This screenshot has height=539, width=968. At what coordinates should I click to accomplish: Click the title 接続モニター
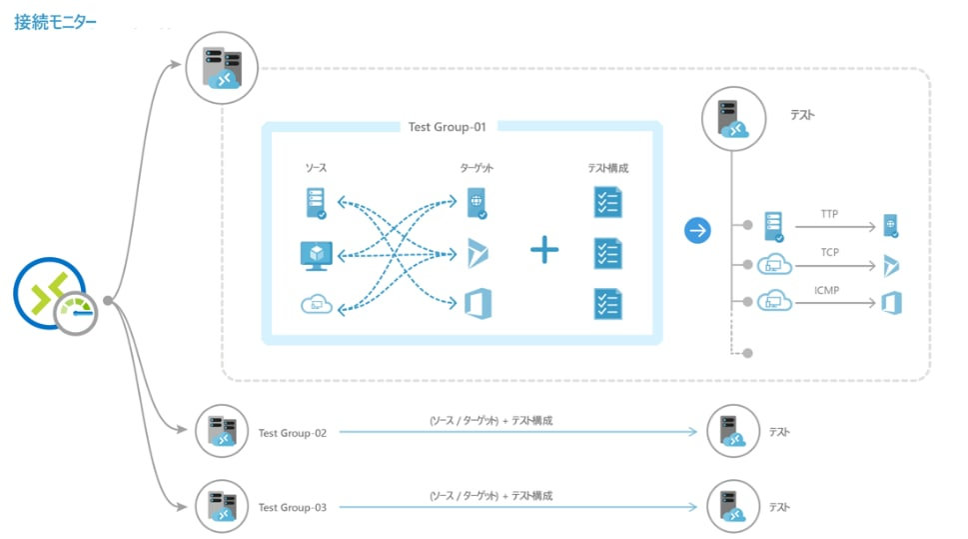pos(56,22)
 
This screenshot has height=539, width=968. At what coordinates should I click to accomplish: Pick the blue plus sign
pos(544,250)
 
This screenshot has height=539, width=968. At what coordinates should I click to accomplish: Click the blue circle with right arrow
pos(697,231)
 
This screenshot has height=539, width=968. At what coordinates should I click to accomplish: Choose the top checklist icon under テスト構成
pos(607,202)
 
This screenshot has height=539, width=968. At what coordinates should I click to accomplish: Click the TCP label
pos(829,252)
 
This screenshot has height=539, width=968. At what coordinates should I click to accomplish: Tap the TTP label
pos(829,215)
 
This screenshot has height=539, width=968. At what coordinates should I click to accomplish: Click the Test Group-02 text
pos(292,433)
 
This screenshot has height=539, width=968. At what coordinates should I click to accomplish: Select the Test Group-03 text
pos(292,508)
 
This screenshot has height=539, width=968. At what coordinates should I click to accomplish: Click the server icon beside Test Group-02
pos(222,431)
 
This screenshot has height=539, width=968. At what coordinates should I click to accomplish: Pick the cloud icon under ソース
pos(318,304)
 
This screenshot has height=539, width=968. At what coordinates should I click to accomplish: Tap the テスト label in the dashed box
pos(802,115)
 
